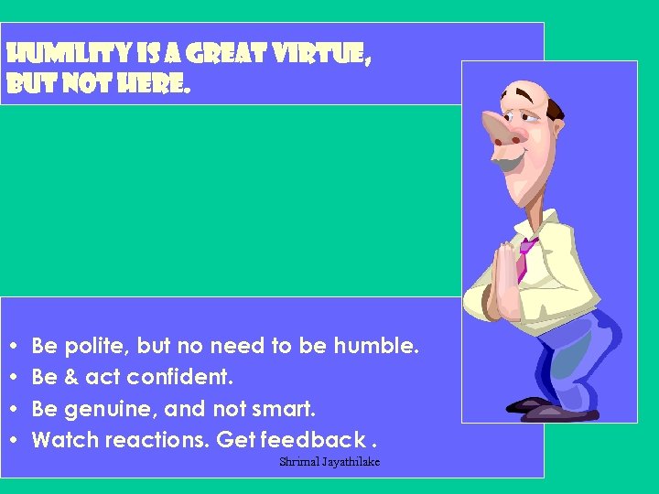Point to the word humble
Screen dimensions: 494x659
(375, 347)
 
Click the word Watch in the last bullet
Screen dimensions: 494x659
(65, 440)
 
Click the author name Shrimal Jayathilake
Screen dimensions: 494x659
(329, 462)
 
